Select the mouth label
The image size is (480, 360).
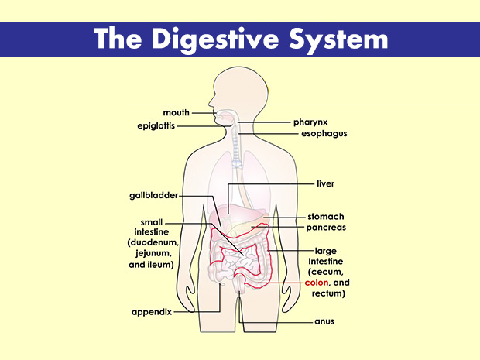[177, 113]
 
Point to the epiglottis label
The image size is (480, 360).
[169, 125]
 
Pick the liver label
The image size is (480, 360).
[325, 184]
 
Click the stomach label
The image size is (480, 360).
[325, 217]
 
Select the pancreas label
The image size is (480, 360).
[326, 228]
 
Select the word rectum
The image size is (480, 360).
[325, 294]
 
